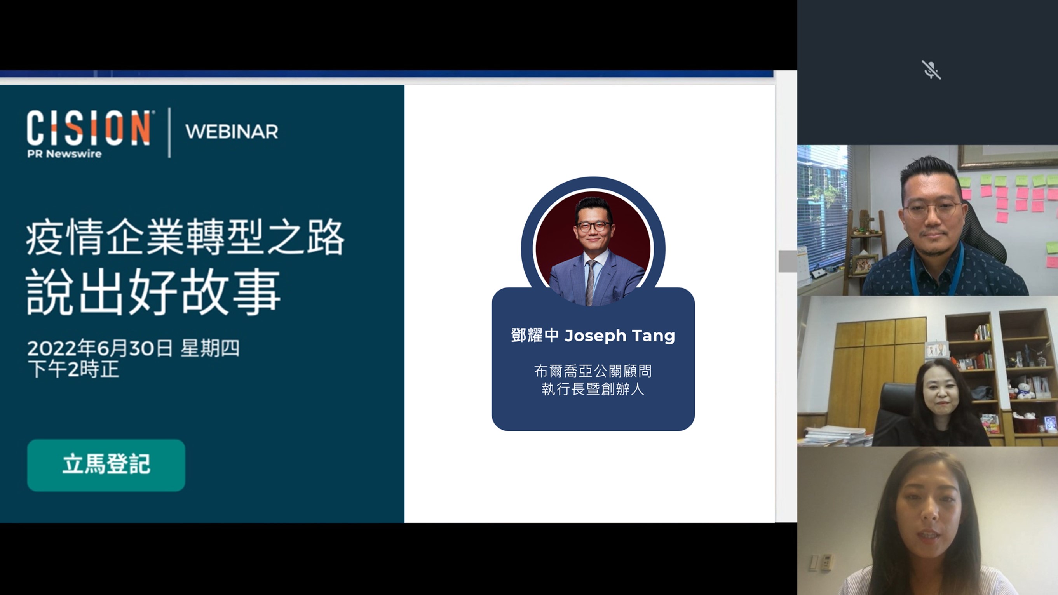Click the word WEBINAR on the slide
[x=232, y=132]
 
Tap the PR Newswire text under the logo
[x=64, y=154]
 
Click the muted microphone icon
[x=931, y=70]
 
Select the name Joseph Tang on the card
[x=619, y=336]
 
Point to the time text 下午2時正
[x=73, y=369]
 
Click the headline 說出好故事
[x=153, y=292]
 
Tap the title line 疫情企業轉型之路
[x=185, y=238]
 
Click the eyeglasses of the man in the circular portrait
[x=593, y=226]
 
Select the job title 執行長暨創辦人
[x=593, y=389]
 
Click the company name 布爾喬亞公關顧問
[x=593, y=371]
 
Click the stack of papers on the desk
[x=834, y=436]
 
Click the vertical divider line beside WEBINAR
[x=169, y=132]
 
